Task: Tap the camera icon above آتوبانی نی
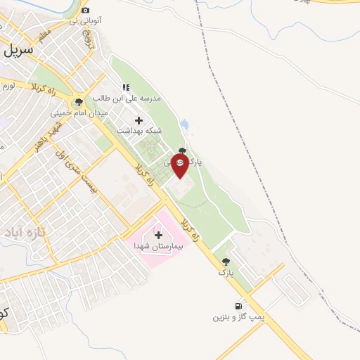tap(86, 10)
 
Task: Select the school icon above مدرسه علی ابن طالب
tap(126, 87)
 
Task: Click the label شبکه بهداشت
tap(160, 131)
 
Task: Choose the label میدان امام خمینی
tap(78, 112)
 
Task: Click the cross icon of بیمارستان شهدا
tap(157, 235)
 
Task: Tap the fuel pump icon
tap(240, 306)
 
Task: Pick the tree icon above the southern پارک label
tap(225, 261)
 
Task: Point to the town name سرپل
tap(20, 51)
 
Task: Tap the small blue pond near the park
tap(184, 124)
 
